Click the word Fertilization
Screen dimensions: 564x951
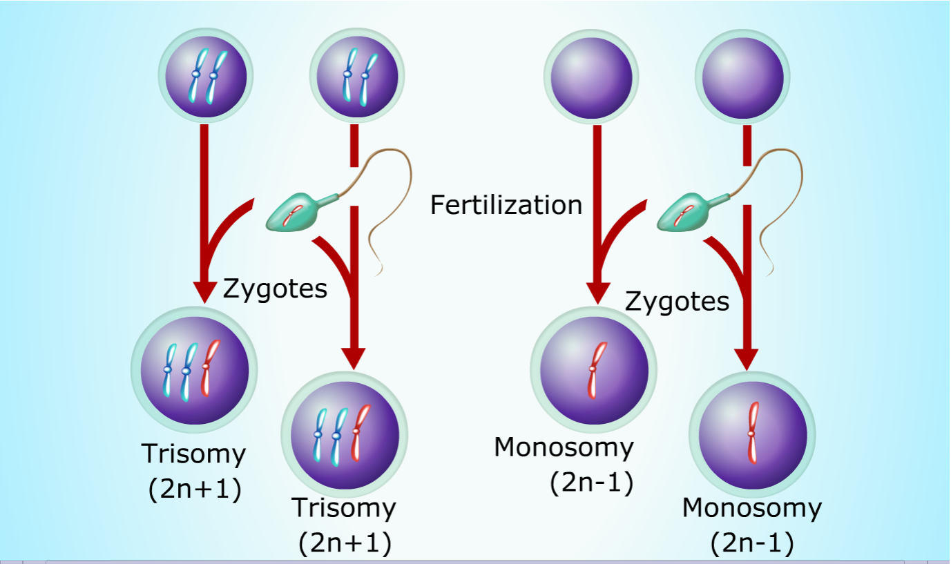pyautogui.click(x=506, y=205)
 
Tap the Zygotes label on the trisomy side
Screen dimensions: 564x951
pyautogui.click(x=275, y=288)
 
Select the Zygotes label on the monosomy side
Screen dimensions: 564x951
pyautogui.click(x=677, y=302)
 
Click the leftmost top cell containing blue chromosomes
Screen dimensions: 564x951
pyautogui.click(x=205, y=74)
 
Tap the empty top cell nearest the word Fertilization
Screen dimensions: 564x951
pyautogui.click(x=588, y=75)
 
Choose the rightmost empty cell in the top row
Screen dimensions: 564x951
pyautogui.click(x=742, y=75)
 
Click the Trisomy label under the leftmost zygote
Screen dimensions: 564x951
pyautogui.click(x=193, y=454)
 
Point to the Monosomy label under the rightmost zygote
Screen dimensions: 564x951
pyautogui.click(x=752, y=508)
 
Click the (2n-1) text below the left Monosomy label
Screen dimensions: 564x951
pyautogui.click(x=592, y=483)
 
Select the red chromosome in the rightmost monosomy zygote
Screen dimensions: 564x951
pyautogui.click(x=751, y=433)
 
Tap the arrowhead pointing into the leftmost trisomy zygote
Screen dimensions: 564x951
pyautogui.click(x=202, y=291)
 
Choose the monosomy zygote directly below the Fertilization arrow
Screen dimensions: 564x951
pyautogui.click(x=593, y=369)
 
